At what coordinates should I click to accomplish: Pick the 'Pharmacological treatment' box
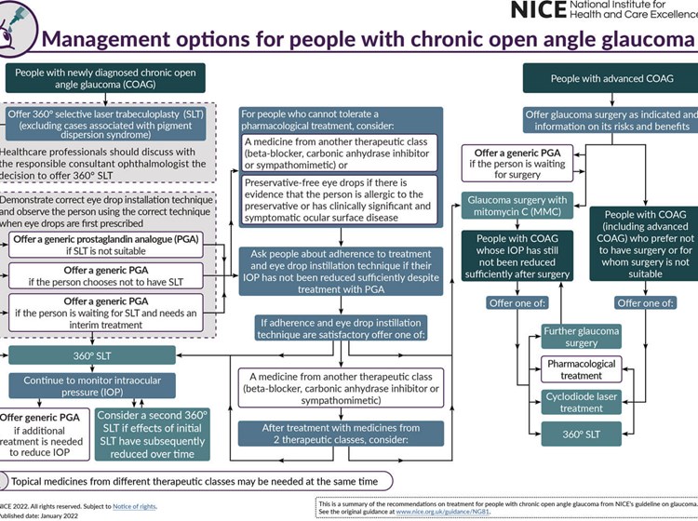(582, 369)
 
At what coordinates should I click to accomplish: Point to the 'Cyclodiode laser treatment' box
(582, 402)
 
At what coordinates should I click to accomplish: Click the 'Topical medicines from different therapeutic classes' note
(195, 481)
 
